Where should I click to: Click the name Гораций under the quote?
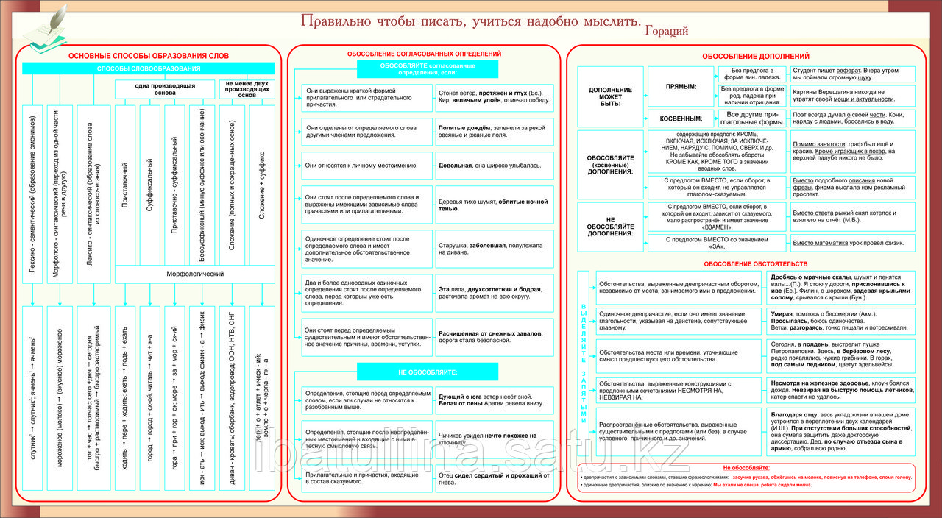[x=666, y=31]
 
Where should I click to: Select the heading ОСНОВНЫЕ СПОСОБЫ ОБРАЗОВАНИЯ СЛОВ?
[x=149, y=56]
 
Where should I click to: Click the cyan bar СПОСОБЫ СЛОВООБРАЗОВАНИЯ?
[x=149, y=68]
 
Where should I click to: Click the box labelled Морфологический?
[x=194, y=274]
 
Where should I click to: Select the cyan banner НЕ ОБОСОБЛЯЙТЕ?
[x=428, y=372]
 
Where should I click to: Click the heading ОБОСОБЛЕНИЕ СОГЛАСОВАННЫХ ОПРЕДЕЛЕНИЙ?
[x=424, y=54]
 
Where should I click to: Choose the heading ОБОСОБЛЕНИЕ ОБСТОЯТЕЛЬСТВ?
[x=755, y=263]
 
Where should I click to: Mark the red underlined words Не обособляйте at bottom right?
[x=746, y=468]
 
